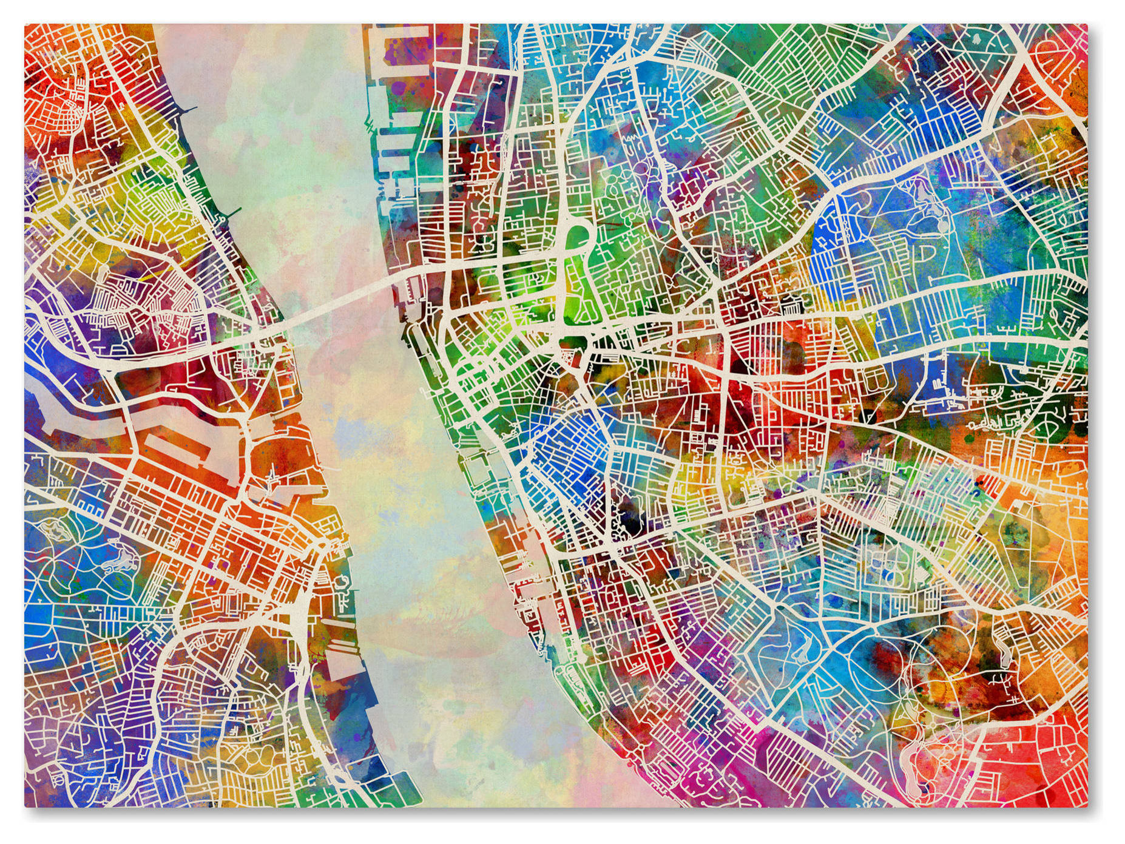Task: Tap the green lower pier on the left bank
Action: tap(230, 212)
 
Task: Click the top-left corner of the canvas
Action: tap(25, 25)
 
